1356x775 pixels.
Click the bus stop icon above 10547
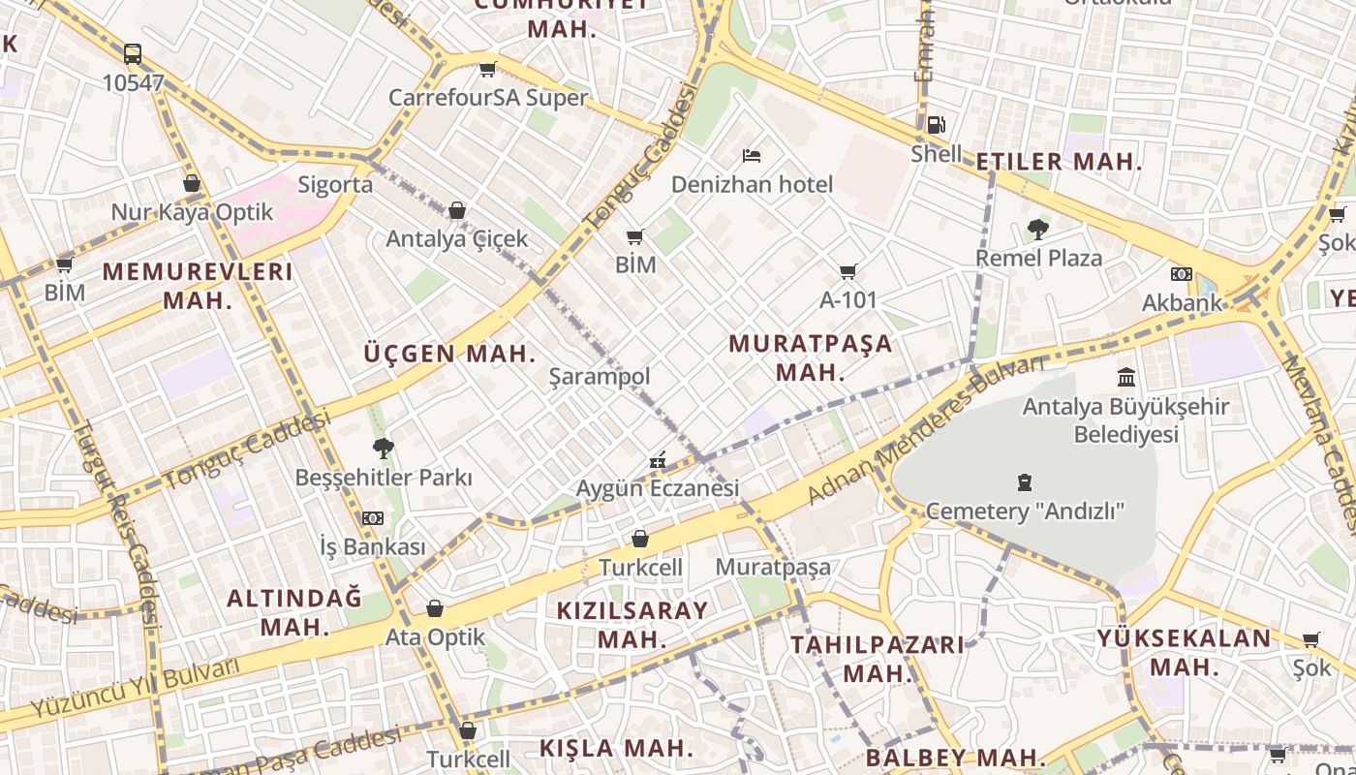(133, 54)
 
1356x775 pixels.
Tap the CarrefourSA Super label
(488, 98)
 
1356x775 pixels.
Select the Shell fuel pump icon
(936, 124)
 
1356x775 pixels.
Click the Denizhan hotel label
(752, 184)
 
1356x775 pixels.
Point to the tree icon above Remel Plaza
(1038, 230)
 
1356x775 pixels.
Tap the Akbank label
(1181, 302)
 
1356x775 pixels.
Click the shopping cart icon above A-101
(848, 272)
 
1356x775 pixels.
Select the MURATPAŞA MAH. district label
(811, 357)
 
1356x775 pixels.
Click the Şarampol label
(600, 376)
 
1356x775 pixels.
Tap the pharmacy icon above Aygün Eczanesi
(658, 460)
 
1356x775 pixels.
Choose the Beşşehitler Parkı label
(384, 478)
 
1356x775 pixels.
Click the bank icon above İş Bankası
(373, 518)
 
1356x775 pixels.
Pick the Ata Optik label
(435, 637)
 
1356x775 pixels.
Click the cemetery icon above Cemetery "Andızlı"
(1025, 481)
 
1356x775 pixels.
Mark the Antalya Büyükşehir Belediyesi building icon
(1126, 377)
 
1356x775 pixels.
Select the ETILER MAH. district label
(1059, 162)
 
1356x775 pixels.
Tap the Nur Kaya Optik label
(192, 212)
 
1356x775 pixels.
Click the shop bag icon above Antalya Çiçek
(457, 210)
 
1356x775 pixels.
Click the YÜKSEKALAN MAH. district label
(1184, 652)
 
